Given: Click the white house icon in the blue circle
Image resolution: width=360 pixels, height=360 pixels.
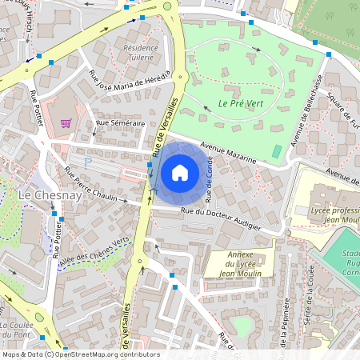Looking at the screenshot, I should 180,172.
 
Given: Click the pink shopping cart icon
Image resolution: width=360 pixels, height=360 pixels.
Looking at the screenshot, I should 66,123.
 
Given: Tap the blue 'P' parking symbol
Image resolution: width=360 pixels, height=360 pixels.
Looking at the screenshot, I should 88,162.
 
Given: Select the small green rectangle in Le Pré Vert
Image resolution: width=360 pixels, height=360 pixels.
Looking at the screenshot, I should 277,151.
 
